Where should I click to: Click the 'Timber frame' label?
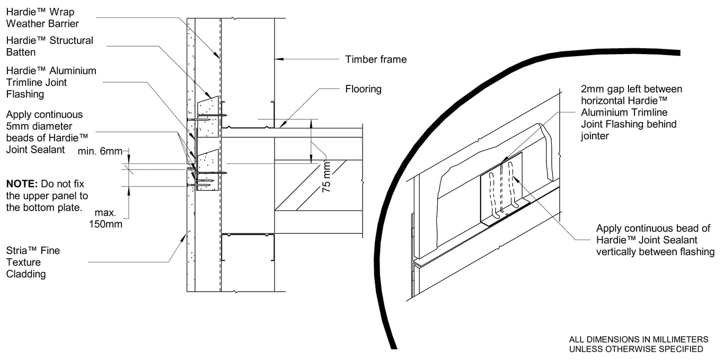[x=376, y=59]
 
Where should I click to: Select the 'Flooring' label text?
[x=363, y=89]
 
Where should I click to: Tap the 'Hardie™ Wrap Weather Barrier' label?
[x=42, y=17]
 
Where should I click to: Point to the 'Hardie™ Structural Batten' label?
[x=49, y=46]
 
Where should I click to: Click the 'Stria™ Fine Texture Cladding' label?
[x=33, y=262]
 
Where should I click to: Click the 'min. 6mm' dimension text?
[x=100, y=151]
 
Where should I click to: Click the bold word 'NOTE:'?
[x=21, y=183]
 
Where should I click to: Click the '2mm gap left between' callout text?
[x=631, y=89]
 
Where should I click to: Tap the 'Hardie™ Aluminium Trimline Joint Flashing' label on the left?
[x=51, y=82]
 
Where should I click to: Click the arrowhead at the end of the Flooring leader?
[x=281, y=125]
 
